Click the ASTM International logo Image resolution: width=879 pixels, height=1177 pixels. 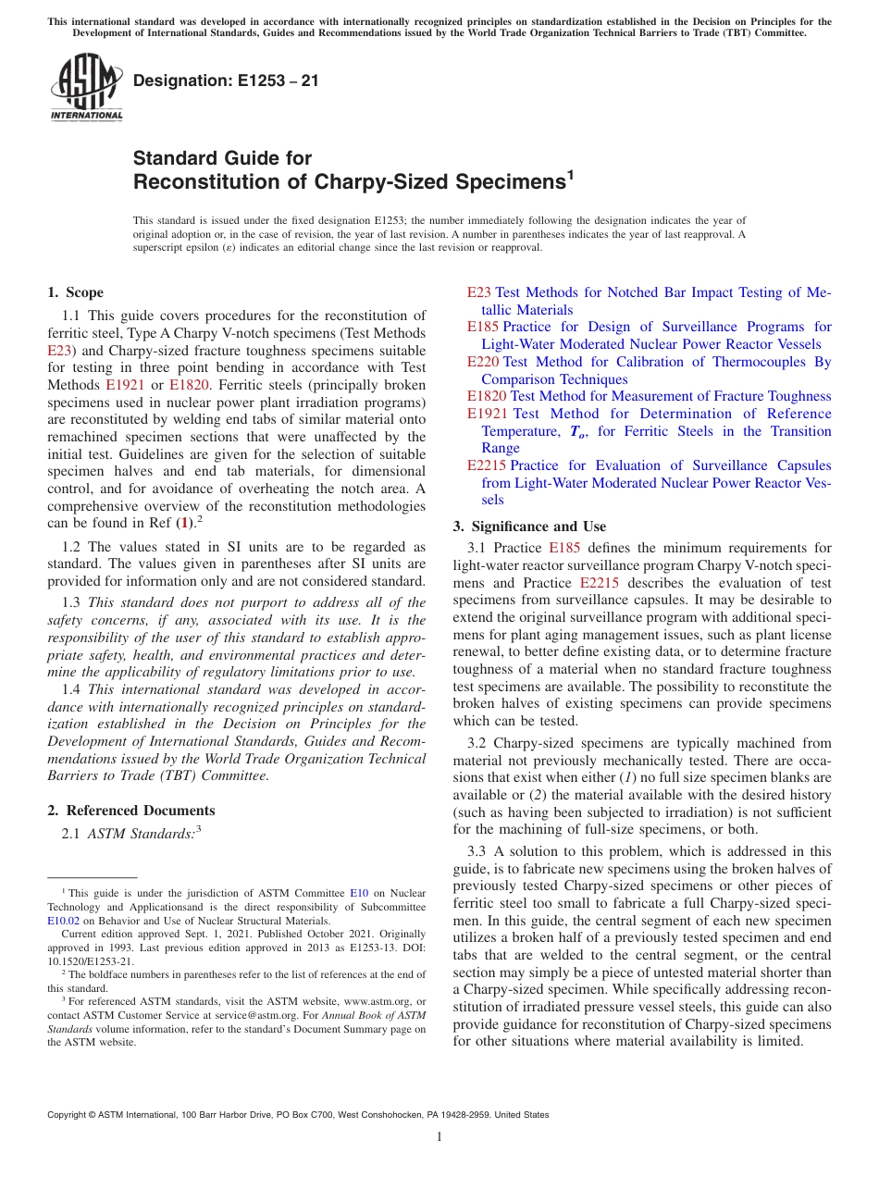(x=85, y=88)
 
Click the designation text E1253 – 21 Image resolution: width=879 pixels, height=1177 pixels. (x=226, y=81)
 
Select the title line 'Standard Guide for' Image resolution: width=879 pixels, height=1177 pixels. (x=222, y=158)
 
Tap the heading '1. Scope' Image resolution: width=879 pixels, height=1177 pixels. (x=75, y=292)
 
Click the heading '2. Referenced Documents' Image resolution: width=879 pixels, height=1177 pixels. (x=130, y=811)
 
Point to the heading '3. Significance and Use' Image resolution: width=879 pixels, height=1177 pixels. (x=529, y=527)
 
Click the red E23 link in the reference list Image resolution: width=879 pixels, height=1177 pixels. (x=478, y=292)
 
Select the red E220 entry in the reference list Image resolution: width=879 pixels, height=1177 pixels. (x=483, y=362)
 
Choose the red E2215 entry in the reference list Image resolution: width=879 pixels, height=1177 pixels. (x=487, y=465)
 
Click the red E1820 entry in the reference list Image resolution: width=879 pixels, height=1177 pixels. (x=487, y=396)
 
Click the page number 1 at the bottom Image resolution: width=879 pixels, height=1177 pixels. (x=439, y=1136)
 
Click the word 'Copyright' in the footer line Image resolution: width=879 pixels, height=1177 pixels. (x=68, y=1115)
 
